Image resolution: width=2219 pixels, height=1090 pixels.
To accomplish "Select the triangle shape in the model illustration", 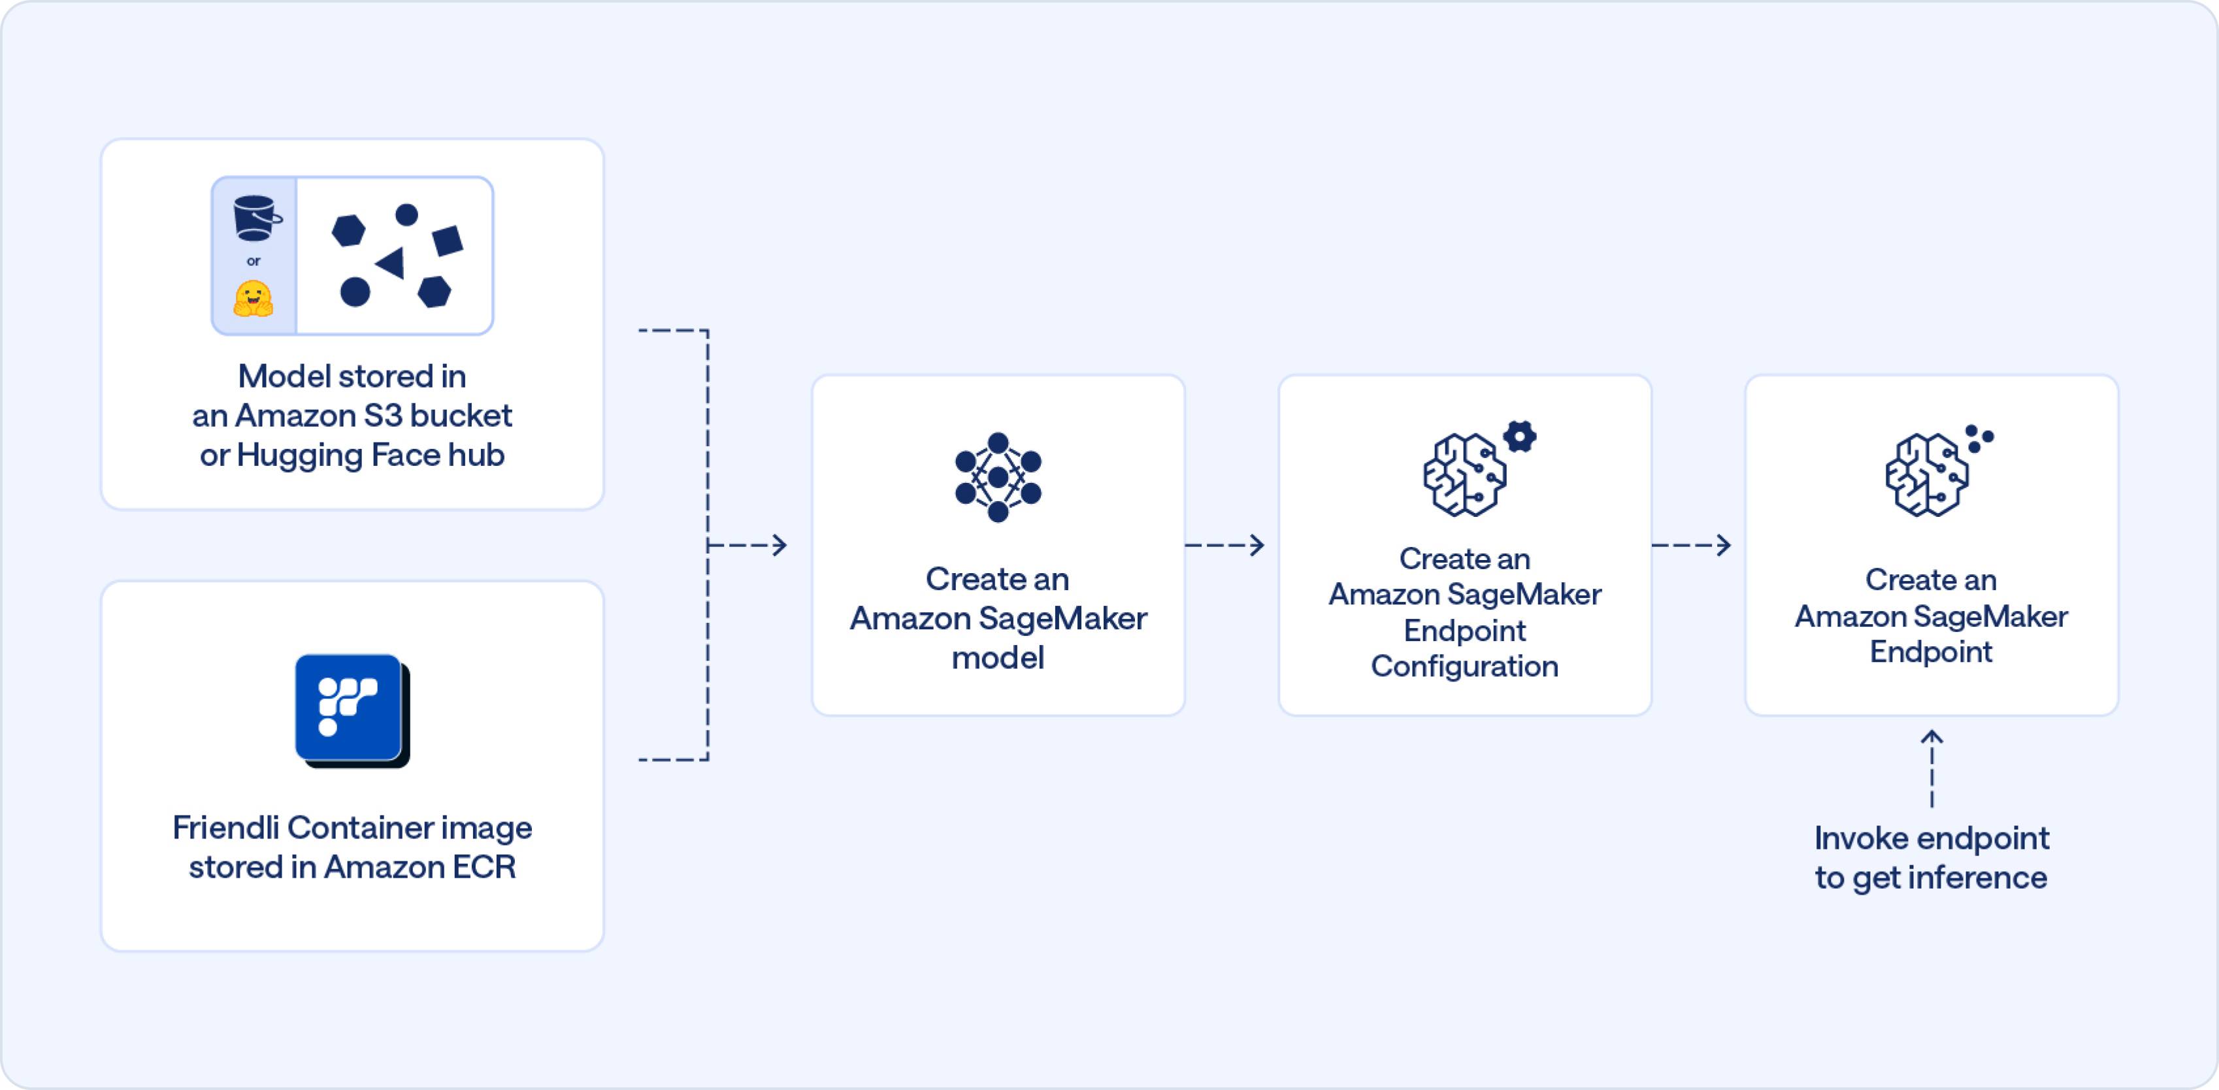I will point(391,263).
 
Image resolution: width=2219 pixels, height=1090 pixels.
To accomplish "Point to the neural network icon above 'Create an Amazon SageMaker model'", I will point(998,476).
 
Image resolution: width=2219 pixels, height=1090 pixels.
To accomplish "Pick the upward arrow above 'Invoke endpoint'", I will point(1932,767).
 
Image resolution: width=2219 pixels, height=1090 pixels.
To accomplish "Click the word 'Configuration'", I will point(1464,666).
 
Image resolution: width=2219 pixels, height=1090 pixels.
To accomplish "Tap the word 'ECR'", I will point(484,867).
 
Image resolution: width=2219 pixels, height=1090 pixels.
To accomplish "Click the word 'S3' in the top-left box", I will point(384,416).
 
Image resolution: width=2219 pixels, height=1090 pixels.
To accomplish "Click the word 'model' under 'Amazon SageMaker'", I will point(998,657).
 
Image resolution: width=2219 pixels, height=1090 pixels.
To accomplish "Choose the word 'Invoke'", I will point(1861,838).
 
